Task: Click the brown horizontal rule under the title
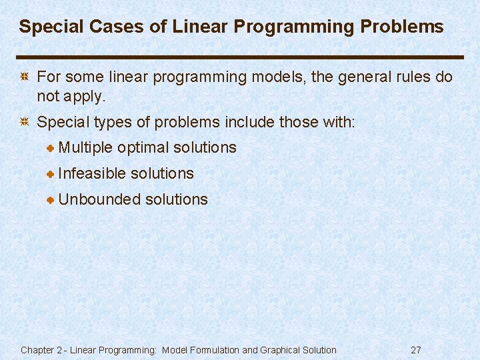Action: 240,57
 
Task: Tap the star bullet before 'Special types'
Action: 24,123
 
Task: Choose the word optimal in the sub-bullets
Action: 143,147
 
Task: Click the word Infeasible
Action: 92,173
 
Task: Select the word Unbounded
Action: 99,199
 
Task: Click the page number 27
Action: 416,350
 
